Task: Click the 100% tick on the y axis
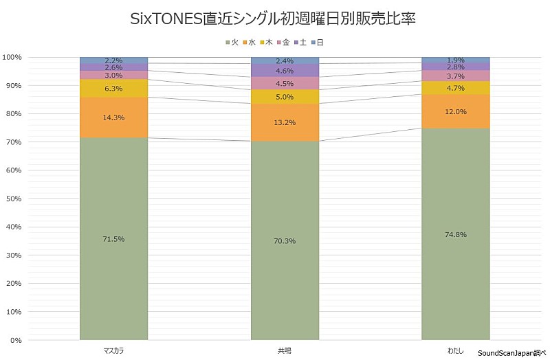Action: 13,57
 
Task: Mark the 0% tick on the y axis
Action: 16,340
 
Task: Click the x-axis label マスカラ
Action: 113,350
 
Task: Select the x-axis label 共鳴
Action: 285,350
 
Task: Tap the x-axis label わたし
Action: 455,350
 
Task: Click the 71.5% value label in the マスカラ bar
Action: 113,239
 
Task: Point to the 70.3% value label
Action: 285,241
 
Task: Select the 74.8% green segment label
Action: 455,234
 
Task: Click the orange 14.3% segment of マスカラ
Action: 113,117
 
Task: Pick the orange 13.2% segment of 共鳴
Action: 285,122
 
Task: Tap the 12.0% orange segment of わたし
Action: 455,111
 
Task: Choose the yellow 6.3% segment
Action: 113,88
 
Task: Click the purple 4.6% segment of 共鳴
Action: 285,70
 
